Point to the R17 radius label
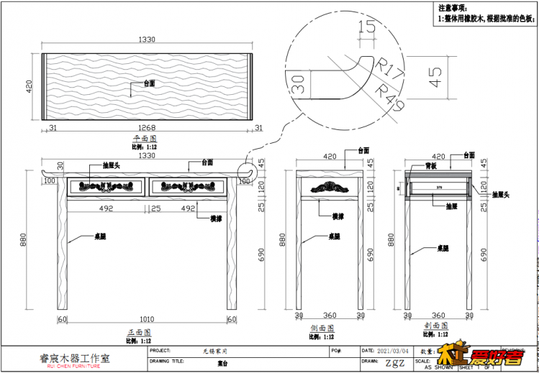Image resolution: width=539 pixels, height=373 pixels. click(389, 70)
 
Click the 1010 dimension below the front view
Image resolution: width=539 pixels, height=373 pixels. click(147, 318)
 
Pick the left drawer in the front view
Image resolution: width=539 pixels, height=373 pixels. click(106, 186)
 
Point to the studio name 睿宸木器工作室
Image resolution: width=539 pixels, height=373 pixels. click(74, 357)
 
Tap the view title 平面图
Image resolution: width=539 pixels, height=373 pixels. click(146, 138)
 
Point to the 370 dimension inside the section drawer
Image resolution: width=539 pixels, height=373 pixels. click(438, 188)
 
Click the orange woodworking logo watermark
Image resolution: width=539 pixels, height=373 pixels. click(480, 356)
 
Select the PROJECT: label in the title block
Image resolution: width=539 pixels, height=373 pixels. click(161, 351)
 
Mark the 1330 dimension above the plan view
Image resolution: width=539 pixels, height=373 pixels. click(147, 42)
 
